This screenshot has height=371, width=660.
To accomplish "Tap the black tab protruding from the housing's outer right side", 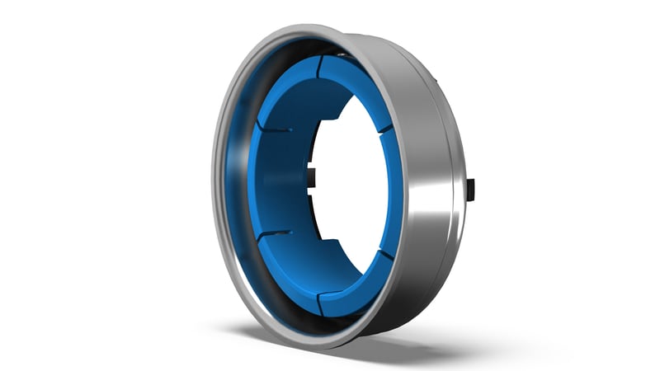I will (x=471, y=189).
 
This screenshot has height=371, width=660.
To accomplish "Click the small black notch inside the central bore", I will (x=313, y=175).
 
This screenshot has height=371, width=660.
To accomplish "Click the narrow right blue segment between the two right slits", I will (x=394, y=190).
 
